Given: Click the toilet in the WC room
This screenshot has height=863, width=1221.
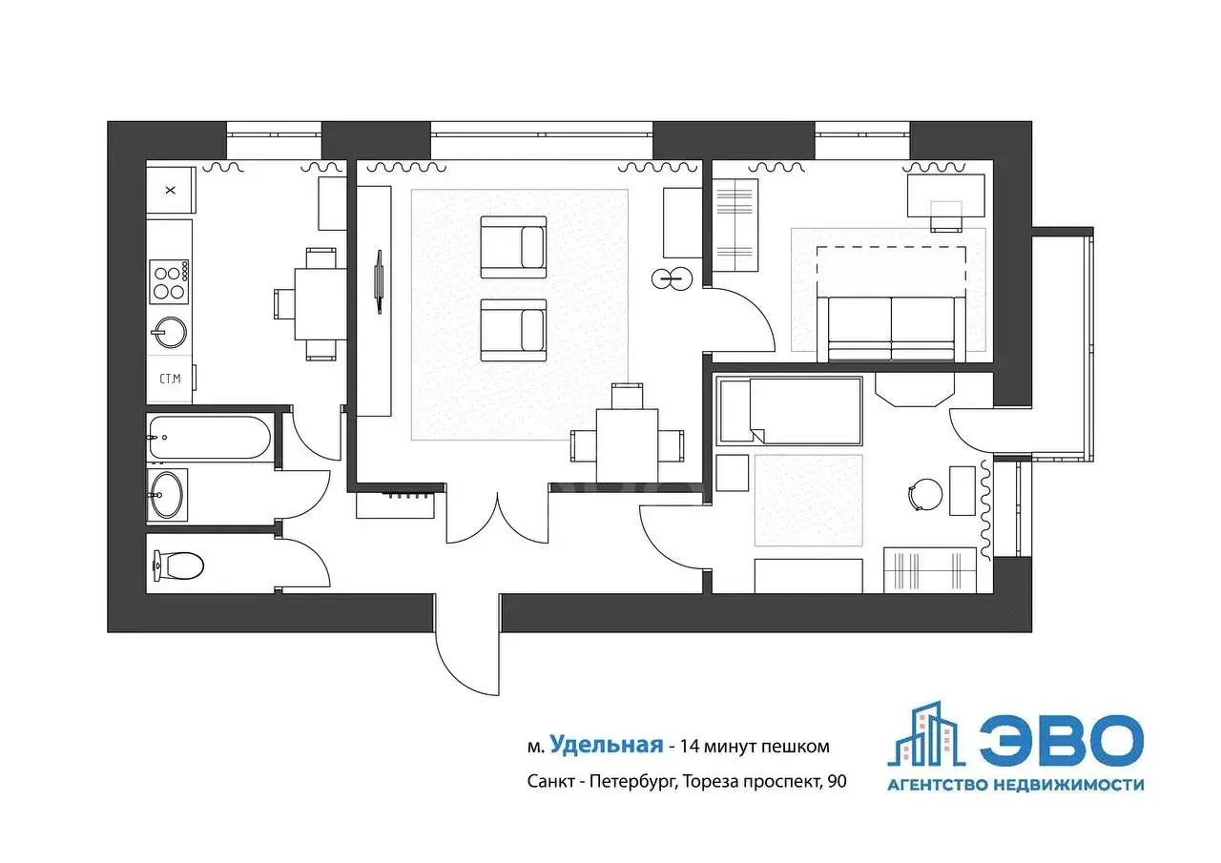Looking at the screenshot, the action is click(178, 565).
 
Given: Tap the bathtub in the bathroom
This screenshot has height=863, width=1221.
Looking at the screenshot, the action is click(209, 438).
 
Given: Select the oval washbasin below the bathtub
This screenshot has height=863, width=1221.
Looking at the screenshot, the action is click(166, 495).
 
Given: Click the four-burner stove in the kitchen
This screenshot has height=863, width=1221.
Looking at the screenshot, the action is click(169, 281).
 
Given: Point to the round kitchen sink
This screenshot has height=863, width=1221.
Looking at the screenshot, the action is click(169, 333).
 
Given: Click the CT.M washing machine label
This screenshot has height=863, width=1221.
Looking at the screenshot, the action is click(170, 379).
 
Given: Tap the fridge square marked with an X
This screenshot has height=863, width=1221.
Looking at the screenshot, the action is click(171, 190).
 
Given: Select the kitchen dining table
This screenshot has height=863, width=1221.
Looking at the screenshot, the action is click(321, 304).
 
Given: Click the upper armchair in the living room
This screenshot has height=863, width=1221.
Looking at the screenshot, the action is click(513, 247).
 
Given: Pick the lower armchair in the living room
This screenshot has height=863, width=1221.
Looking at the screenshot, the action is click(513, 330).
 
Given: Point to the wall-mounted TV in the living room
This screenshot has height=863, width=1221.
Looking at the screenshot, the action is click(379, 281).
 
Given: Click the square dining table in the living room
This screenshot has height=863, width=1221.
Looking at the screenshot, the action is click(627, 445).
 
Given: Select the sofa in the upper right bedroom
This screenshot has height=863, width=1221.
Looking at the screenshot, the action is click(891, 329).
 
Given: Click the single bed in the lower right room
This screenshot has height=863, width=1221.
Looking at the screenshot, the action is click(790, 410).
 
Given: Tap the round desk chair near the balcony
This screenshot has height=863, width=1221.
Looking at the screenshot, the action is click(925, 495).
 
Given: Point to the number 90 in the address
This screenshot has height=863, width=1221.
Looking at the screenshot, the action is click(837, 781).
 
